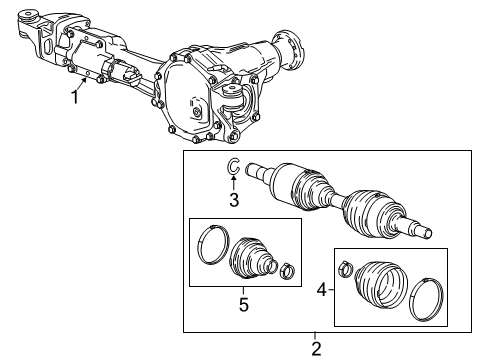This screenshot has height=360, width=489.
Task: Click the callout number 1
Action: [74, 96]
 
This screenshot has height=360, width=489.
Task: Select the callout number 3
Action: [233, 200]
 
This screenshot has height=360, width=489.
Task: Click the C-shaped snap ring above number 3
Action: [231, 167]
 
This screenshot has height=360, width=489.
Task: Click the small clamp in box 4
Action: [345, 267]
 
